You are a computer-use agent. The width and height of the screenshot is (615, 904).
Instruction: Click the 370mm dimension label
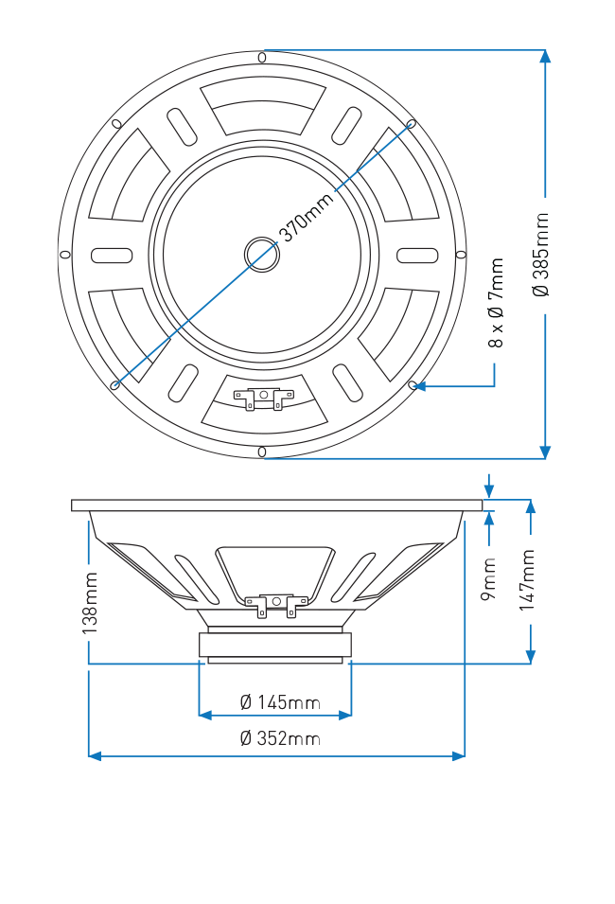click(x=307, y=217)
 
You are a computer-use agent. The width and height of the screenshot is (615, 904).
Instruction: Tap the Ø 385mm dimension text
click(x=541, y=255)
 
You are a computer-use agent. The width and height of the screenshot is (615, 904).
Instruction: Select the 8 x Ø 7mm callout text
click(x=496, y=303)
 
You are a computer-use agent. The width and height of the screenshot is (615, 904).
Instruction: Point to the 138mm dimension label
click(x=90, y=603)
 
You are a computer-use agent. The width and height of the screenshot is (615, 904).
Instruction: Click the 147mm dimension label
click(x=527, y=580)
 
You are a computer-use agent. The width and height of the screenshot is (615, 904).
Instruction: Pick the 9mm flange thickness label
click(x=488, y=578)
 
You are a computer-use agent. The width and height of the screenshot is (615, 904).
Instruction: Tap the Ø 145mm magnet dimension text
click(x=280, y=702)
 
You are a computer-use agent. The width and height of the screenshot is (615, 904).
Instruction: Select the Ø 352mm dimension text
click(x=280, y=738)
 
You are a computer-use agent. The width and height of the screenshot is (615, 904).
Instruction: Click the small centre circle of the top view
click(x=262, y=255)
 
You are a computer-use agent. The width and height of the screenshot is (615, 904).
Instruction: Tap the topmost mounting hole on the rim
click(x=262, y=57)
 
